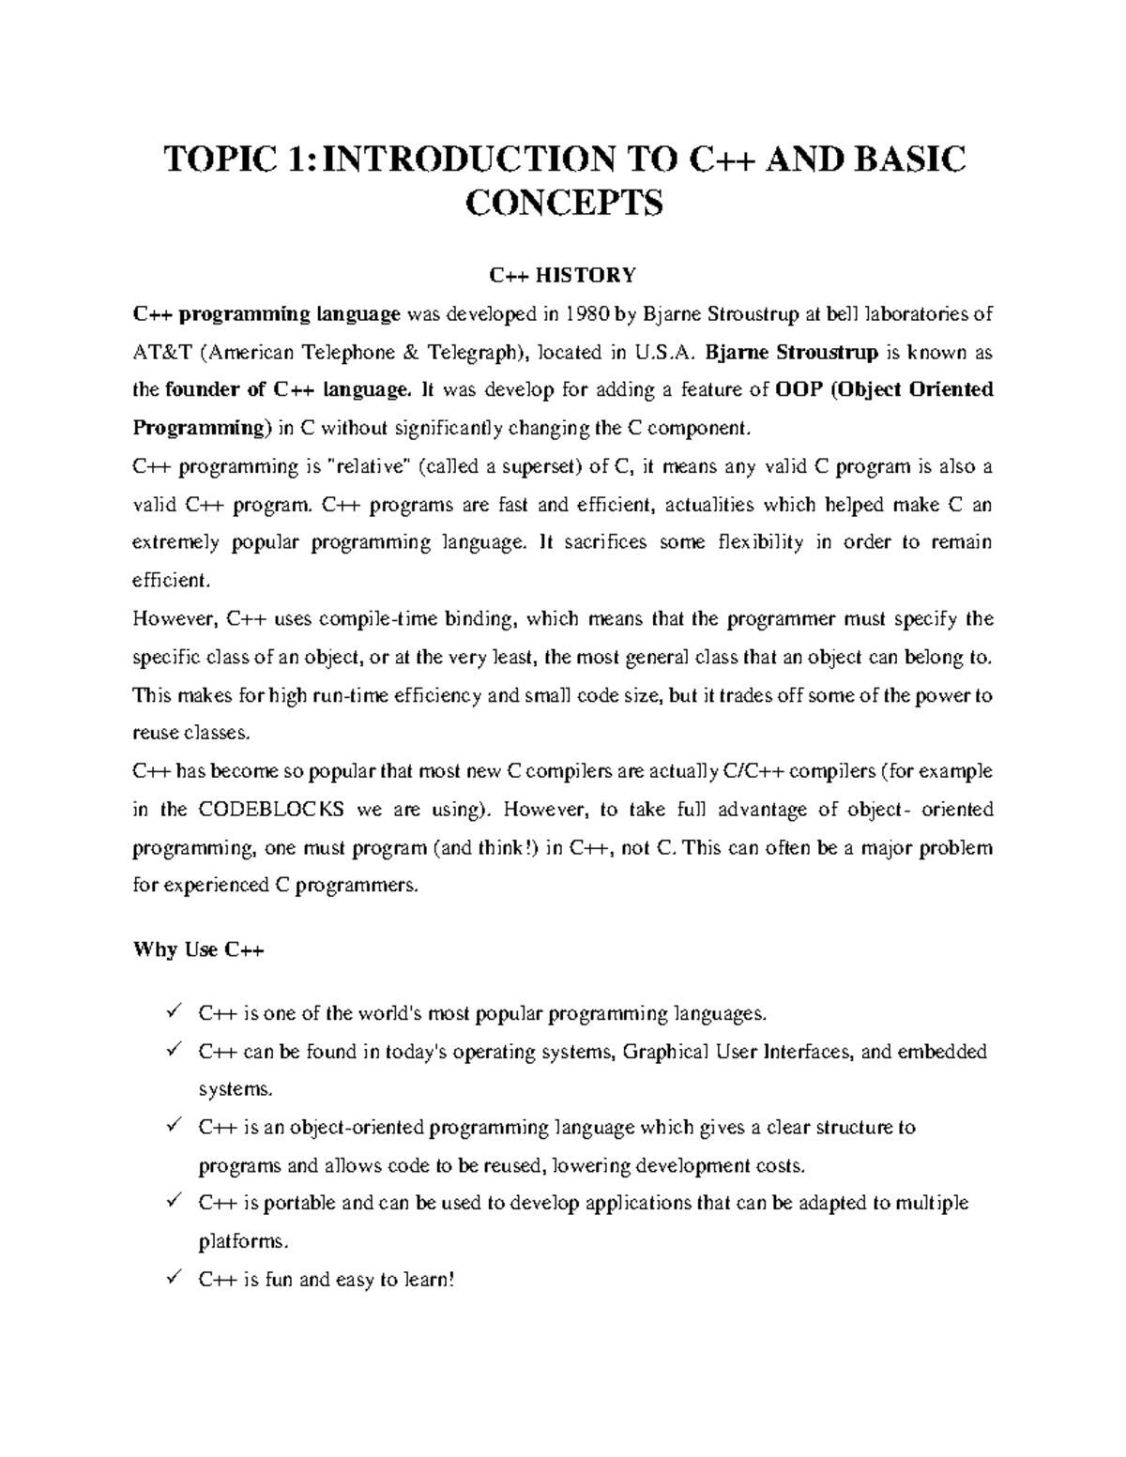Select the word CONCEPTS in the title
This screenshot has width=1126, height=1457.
click(x=563, y=202)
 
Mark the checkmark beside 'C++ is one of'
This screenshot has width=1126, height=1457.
click(x=173, y=1011)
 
